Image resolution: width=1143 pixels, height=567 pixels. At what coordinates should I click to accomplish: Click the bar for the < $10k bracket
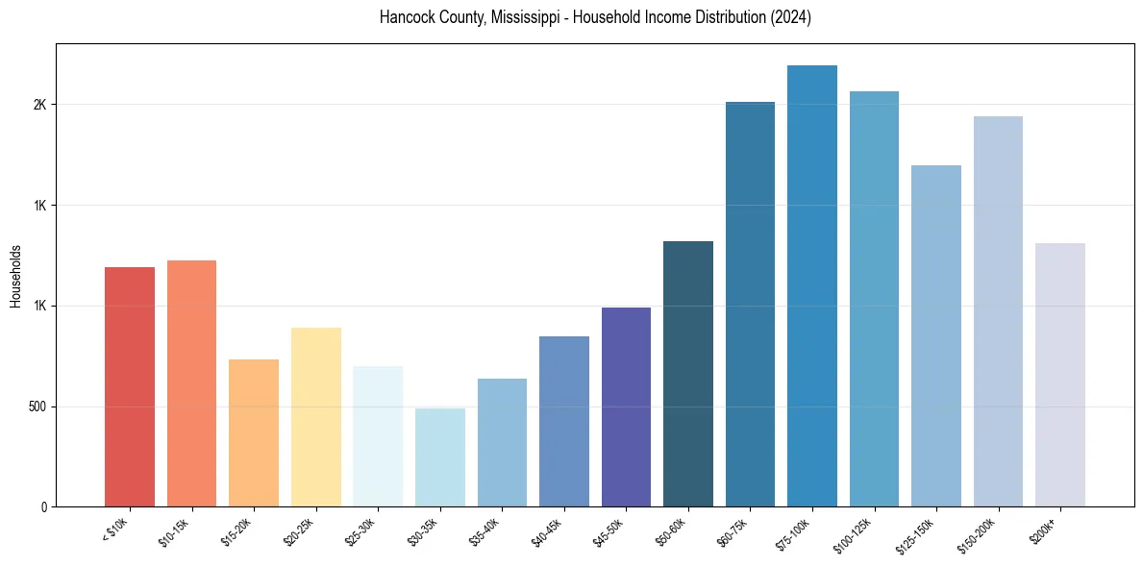tap(130, 386)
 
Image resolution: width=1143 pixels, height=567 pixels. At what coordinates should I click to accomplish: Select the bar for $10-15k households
tap(191, 383)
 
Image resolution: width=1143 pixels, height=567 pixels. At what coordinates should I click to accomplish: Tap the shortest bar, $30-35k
tap(439, 457)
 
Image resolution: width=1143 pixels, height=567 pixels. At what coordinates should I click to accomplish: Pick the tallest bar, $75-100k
tap(811, 285)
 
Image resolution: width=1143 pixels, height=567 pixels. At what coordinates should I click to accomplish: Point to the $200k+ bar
tap(1059, 375)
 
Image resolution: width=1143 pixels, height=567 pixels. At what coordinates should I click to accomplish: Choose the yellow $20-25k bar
tap(315, 417)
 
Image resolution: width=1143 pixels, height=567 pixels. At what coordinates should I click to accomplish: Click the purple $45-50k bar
tap(626, 407)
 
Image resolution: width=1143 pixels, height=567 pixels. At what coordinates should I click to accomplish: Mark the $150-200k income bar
tap(998, 311)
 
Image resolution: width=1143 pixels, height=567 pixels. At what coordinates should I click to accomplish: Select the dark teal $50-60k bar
tap(687, 374)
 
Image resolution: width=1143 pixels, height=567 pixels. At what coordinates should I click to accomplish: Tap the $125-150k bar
tap(935, 335)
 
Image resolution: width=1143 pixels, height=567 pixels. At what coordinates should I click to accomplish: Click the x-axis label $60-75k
tap(735, 531)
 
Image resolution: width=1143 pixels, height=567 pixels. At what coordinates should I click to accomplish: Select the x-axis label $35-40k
tap(487, 531)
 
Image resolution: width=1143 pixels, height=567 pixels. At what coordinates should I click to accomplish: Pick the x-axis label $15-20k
tap(239, 531)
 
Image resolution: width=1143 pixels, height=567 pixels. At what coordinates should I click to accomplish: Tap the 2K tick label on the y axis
tap(39, 105)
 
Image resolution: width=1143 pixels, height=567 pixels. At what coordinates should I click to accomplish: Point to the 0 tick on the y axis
tap(44, 506)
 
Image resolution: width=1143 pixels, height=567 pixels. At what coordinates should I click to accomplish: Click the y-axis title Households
tap(15, 276)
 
